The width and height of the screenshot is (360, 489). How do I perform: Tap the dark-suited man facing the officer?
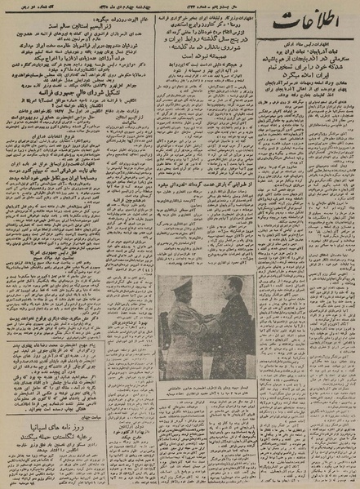[229, 327]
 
